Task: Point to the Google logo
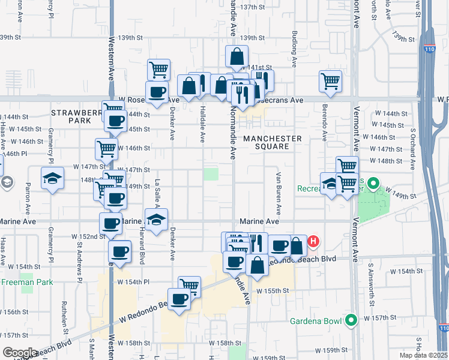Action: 20,353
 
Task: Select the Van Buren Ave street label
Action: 279,194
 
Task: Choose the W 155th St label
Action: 273,291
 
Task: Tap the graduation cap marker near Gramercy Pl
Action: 53,178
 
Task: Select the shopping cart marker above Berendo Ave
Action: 330,82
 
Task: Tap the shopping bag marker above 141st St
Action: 237,57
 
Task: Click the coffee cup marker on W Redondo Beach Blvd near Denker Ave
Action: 179,298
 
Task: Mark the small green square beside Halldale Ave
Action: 211,174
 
